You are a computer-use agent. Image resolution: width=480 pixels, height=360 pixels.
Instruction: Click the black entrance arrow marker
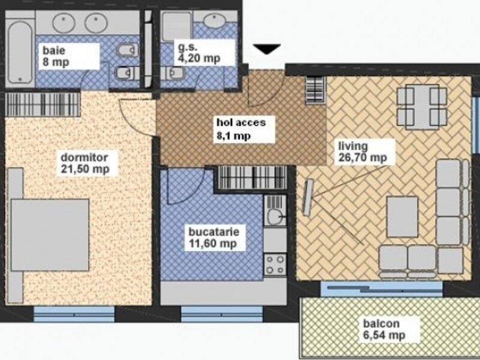(266, 49)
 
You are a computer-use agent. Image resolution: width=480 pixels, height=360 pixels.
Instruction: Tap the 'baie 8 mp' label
(56, 56)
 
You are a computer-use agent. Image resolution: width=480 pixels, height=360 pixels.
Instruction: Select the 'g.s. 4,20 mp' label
(199, 53)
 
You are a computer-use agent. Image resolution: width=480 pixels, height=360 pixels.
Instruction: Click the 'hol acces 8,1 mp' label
(241, 128)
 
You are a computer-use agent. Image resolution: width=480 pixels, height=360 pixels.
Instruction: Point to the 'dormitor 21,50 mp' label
(85, 163)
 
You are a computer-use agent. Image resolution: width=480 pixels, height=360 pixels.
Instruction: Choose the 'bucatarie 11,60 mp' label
(214, 238)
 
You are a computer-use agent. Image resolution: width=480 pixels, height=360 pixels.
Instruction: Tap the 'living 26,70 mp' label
(362, 152)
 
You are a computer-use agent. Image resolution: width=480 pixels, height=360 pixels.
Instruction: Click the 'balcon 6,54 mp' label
(384, 329)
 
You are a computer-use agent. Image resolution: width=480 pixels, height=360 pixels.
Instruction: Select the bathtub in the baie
(20, 52)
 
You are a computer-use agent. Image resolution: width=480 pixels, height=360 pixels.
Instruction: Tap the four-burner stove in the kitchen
(275, 265)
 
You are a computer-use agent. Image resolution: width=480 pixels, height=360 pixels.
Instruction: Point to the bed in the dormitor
(50, 235)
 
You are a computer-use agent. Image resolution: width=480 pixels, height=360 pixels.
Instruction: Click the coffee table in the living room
(402, 217)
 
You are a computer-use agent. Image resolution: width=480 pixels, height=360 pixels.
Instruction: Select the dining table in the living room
(422, 107)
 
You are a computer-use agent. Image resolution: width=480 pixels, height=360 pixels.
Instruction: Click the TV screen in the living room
(308, 197)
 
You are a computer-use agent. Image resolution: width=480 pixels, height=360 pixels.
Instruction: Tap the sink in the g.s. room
(215, 21)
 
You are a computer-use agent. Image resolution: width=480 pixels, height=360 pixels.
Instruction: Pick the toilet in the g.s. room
(173, 73)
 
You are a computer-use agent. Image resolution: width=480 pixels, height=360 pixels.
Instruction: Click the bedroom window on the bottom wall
(74, 314)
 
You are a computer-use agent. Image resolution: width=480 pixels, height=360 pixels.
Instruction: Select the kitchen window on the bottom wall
(222, 314)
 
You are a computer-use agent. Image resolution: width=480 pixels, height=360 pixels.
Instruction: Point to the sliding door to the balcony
(382, 289)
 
